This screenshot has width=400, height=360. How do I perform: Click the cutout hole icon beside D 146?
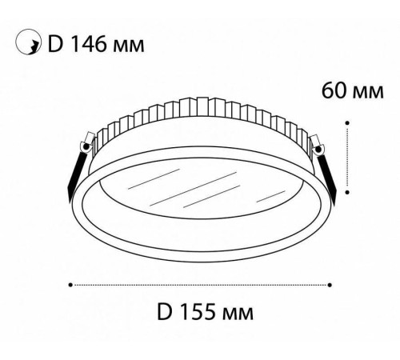click(29, 45)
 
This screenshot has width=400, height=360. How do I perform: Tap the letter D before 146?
click(56, 45)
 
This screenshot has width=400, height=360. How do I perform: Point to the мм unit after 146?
click(130, 46)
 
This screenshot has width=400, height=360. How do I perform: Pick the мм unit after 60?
click(366, 90)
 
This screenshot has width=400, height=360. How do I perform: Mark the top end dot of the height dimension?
click(347, 122)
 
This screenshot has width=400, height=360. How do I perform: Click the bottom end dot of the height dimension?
click(347, 192)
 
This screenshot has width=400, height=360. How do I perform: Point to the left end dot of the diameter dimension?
click(71, 283)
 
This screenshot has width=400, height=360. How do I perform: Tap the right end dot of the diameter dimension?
click(330, 283)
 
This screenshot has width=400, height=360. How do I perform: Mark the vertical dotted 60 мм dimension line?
click(347, 158)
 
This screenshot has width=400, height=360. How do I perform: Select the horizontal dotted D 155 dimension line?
click(200, 283)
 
